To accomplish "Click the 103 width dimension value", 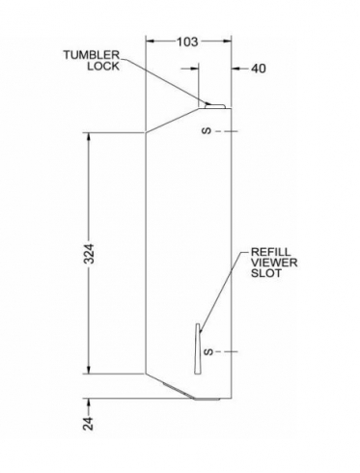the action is pyautogui.click(x=187, y=42).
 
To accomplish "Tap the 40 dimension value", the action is pyautogui.click(x=259, y=69).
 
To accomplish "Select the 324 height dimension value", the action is pyautogui.click(x=90, y=254).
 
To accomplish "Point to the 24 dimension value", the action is pyautogui.click(x=89, y=423).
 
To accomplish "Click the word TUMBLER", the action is pyautogui.click(x=91, y=55).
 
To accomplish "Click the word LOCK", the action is pyautogui.click(x=103, y=67).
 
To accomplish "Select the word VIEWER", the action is pyautogui.click(x=274, y=263).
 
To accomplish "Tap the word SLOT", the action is pyautogui.click(x=266, y=273).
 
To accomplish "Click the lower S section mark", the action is pyautogui.click(x=208, y=352).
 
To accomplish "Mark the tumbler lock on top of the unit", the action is pyautogui.click(x=215, y=105).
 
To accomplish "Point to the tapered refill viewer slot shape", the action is pyautogui.click(x=198, y=348).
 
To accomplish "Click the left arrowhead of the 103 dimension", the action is pyautogui.click(x=151, y=42).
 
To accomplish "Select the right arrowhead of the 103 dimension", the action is pyautogui.click(x=227, y=42).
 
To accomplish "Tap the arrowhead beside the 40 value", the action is pyautogui.click(x=236, y=69).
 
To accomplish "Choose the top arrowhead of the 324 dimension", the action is pyautogui.click(x=89, y=137).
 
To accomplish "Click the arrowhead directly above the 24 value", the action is pyautogui.click(x=89, y=403).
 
